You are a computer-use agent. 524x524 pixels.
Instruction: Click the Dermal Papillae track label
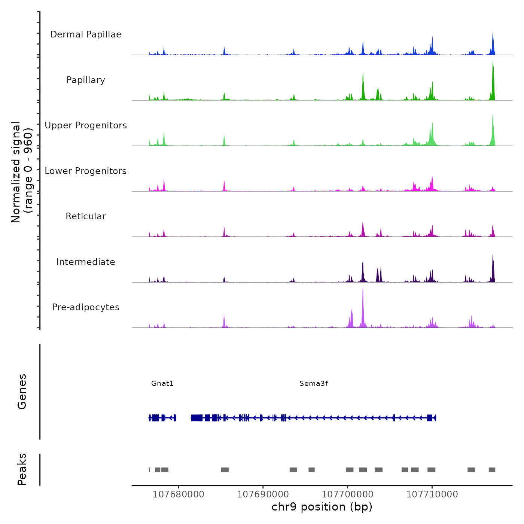[86, 34]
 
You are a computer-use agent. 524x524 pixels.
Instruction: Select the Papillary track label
[86, 80]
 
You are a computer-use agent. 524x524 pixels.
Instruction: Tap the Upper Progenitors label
[86, 125]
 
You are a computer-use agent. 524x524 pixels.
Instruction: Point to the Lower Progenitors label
[86, 171]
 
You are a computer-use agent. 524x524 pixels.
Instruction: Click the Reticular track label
[86, 216]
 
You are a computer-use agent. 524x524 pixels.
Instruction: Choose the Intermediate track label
[86, 262]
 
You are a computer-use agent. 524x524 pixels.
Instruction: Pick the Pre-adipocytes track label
[86, 307]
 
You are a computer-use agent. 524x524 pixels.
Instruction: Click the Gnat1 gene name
[162, 383]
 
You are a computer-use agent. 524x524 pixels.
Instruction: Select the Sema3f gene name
[314, 383]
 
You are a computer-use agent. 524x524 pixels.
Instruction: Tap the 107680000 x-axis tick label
[179, 494]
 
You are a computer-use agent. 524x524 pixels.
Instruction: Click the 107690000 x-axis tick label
[263, 494]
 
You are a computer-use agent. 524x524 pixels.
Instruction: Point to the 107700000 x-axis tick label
[348, 494]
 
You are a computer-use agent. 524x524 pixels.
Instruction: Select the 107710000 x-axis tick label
[432, 494]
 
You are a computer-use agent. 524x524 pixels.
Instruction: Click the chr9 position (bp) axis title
[322, 507]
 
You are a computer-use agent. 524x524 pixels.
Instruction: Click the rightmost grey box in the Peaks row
[492, 470]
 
